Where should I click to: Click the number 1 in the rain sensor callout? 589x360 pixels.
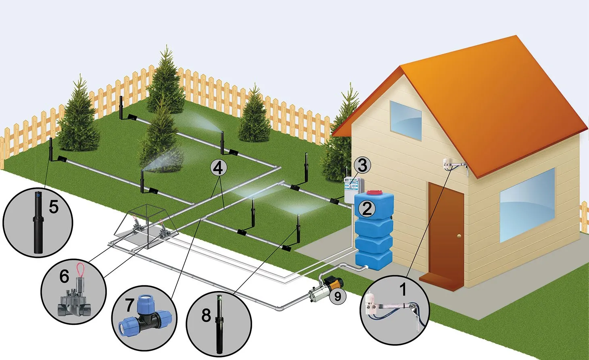pos(402,289)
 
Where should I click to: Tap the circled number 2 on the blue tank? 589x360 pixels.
pos(367,209)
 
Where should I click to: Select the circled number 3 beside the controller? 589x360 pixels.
pos(362,165)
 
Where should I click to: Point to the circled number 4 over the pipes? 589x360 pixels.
pos(218,168)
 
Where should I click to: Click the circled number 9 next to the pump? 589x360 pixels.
pos(338,296)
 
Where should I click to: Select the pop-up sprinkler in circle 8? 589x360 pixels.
pos(220,323)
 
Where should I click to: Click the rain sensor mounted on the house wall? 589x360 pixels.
pos(448,163)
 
